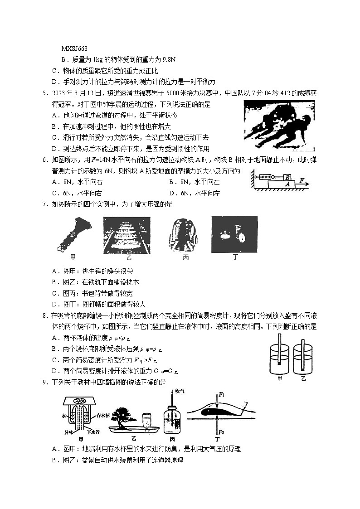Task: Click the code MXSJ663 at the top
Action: pos(74,48)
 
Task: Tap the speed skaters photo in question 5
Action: pos(279,126)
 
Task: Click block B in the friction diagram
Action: pos(287,178)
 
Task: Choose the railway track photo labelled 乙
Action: pos(126,234)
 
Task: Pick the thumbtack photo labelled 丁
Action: pos(234,234)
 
